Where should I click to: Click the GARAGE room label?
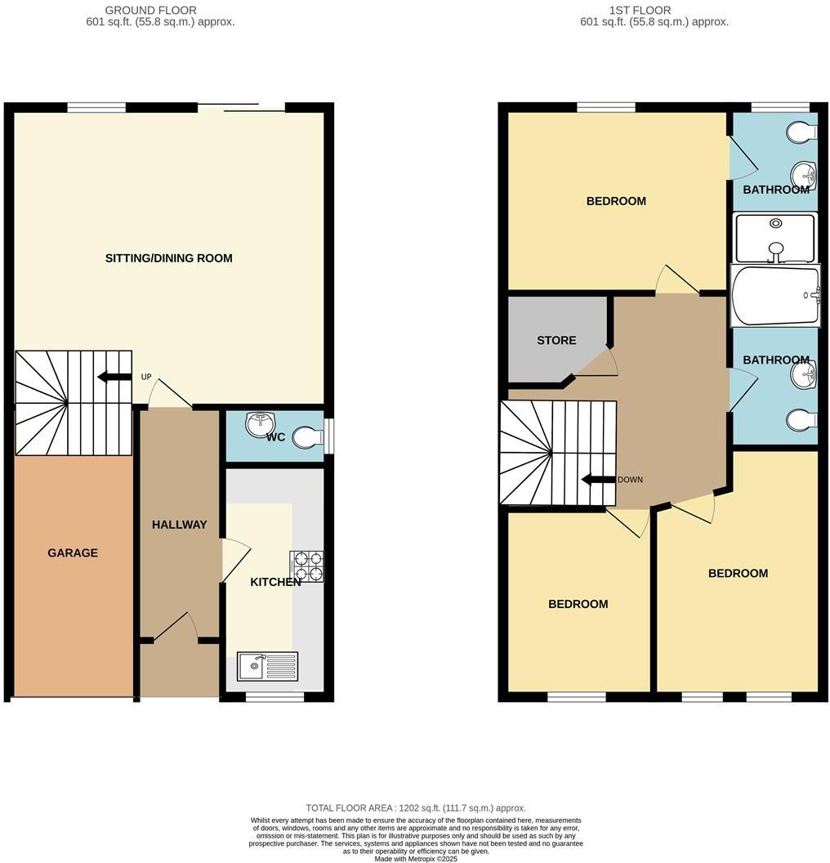coord(72,553)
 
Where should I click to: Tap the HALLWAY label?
coord(179,525)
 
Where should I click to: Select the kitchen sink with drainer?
coord(268,666)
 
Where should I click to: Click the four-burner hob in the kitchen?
coord(306,566)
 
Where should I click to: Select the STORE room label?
coord(556,341)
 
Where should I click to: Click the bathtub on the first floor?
coord(774,295)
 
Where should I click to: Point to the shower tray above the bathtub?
coord(774,236)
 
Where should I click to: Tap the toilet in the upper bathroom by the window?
coord(802,132)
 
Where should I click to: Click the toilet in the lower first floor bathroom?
coord(801,420)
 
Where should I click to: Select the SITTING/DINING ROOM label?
coord(168,258)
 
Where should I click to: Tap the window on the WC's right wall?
coord(328,436)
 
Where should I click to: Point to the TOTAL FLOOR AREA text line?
coord(415,807)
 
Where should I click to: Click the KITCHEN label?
coord(275,582)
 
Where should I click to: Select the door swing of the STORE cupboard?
coord(597,364)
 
